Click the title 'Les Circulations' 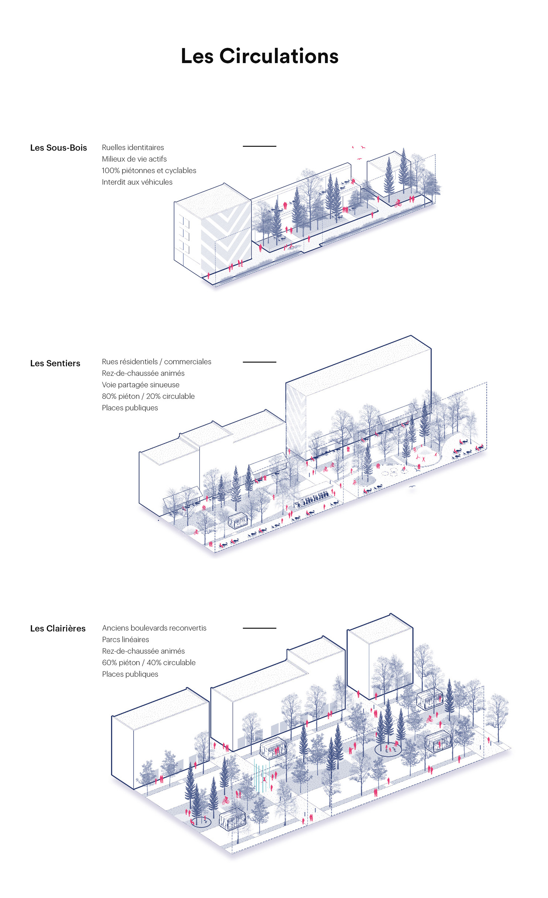259,56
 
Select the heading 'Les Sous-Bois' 58,148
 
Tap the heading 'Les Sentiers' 55,363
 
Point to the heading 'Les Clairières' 58,628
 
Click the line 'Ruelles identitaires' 133,148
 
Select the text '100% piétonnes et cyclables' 149,170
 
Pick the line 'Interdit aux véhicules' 137,182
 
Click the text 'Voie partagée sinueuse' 141,385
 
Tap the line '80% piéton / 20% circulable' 148,396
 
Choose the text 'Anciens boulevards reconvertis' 154,628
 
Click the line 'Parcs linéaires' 125,639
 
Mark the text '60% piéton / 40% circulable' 149,663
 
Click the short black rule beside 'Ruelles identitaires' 259,146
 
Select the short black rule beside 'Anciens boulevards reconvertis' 259,628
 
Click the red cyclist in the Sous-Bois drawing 397,203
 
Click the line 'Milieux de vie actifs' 134,159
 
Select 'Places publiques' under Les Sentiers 130,408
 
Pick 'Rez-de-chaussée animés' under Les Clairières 143,651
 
